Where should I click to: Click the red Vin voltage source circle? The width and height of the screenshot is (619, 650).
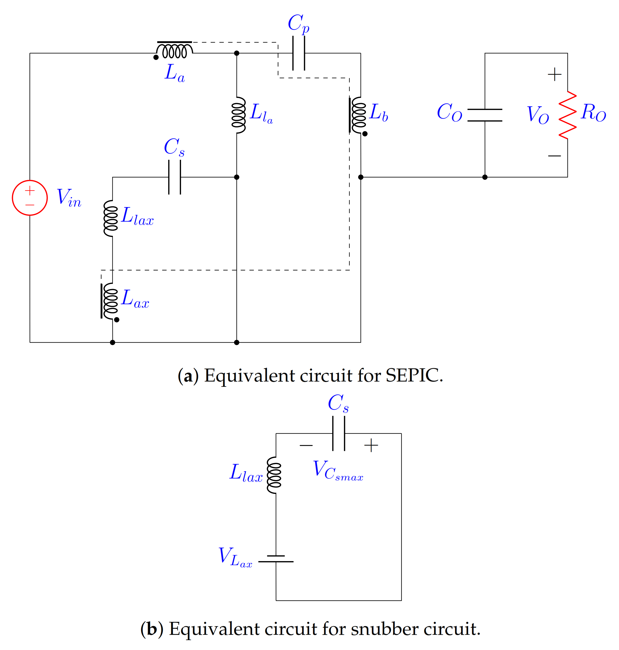click(30, 198)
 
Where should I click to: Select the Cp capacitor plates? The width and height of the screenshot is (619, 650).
click(299, 53)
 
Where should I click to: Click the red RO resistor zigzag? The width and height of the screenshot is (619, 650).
click(568, 115)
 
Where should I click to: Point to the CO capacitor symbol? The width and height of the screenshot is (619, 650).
click(485, 115)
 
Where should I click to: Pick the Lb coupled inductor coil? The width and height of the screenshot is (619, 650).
click(358, 115)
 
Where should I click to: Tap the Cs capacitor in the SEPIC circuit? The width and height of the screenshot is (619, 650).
click(174, 177)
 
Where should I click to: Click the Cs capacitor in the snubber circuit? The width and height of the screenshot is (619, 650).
click(339, 433)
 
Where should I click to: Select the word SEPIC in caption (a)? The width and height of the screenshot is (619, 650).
click(414, 375)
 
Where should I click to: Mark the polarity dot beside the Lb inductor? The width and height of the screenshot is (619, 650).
click(365, 134)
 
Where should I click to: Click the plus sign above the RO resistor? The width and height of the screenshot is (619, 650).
click(555, 74)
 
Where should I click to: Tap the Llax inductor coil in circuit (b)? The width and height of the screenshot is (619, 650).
click(274, 475)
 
